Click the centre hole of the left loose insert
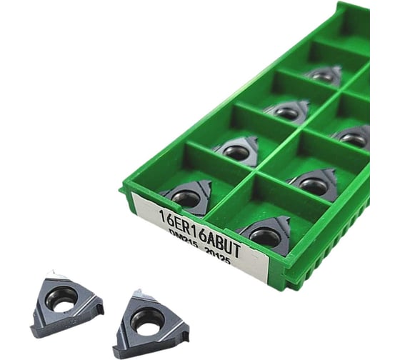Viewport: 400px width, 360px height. tap(62, 298)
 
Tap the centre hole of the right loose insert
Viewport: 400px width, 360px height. tap(146, 320)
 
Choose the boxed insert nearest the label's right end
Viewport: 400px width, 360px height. tap(266, 234)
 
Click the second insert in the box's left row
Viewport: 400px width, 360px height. tap(238, 151)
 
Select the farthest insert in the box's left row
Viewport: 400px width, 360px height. tap(324, 75)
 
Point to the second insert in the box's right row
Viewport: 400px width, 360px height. tap(316, 184)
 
